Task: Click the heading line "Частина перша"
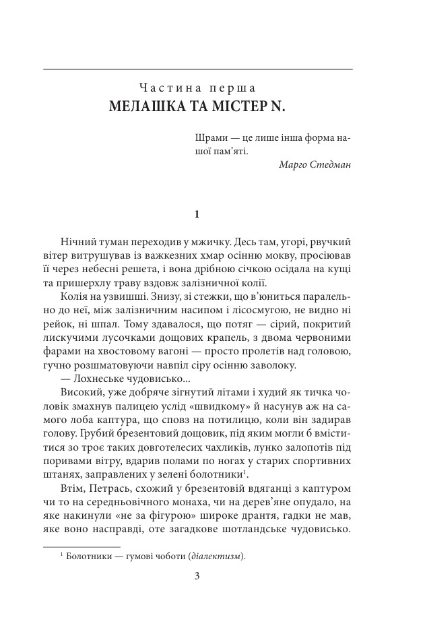197,88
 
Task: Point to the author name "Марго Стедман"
314,164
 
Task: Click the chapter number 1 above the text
197,215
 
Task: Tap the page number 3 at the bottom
197,575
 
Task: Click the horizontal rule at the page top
197,69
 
